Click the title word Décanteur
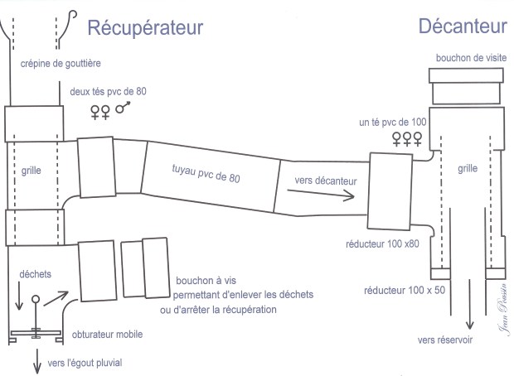[x=463, y=27]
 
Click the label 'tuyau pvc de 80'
[x=211, y=173]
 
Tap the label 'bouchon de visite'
[x=470, y=58]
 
